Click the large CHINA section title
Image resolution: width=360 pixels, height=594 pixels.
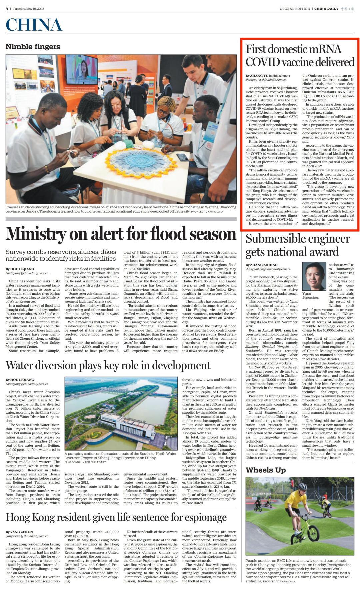tap(34, 25)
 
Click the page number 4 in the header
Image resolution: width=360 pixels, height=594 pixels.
tap(7, 8)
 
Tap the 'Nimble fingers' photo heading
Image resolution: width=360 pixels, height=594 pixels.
tap(33, 47)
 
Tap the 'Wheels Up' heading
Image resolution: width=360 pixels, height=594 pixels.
tap(266, 470)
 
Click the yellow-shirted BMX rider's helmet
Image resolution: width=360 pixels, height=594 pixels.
tap(302, 487)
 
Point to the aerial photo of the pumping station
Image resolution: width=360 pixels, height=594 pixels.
tap(121, 413)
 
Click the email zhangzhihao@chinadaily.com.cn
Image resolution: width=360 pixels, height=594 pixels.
tap(268, 269)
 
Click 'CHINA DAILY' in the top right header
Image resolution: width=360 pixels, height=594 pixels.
tap(327, 9)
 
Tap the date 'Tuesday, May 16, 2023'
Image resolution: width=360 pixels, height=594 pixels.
tap(28, 9)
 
